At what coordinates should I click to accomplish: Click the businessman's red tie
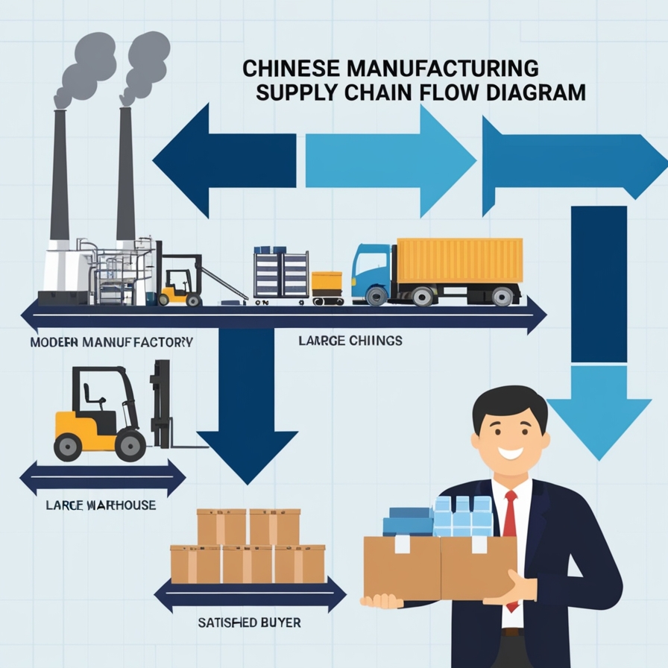(510, 522)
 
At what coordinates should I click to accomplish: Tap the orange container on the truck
(459, 260)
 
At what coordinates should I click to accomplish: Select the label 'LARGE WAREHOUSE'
(100, 505)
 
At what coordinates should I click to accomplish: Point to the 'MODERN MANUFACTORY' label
(111, 343)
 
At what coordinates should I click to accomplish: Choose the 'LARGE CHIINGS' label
(350, 341)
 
